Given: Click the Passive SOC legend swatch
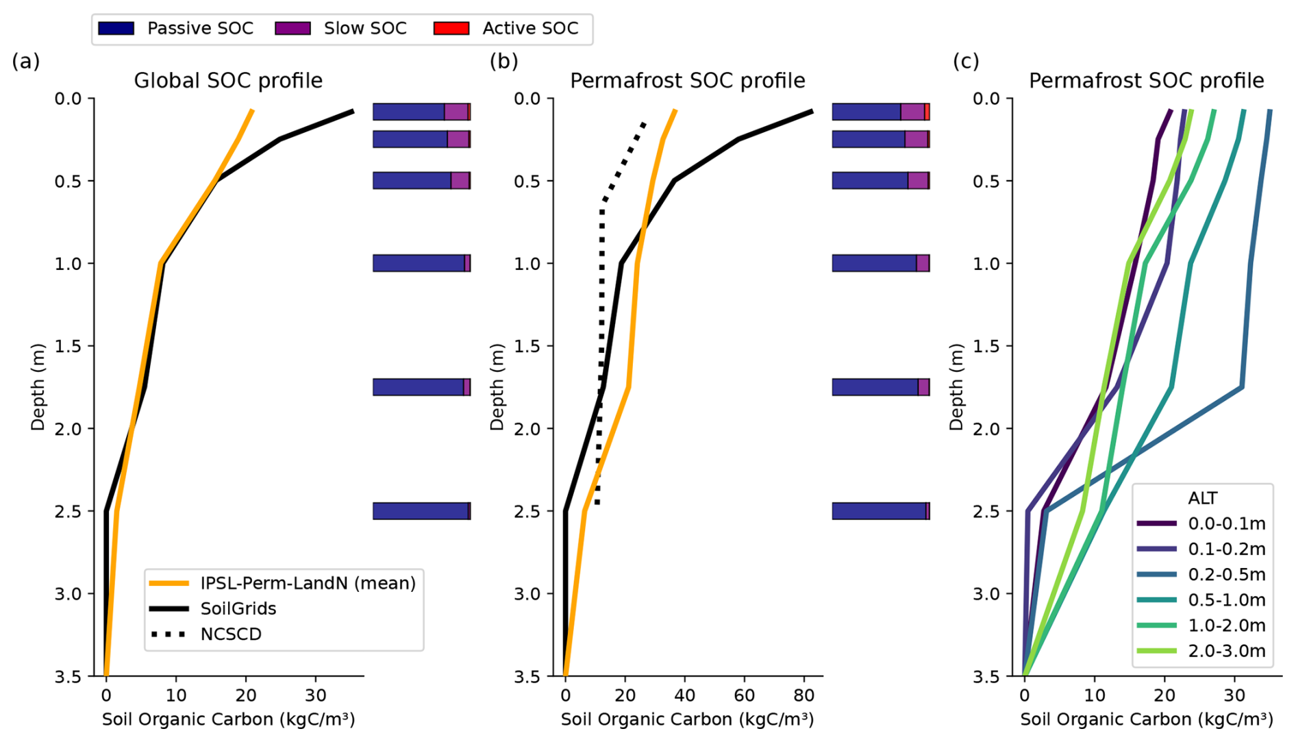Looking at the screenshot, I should coord(116,28).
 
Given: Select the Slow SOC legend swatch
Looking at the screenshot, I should coord(292,28).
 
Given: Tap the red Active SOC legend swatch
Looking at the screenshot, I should coord(451,28).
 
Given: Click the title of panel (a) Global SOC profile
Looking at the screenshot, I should coord(228,81).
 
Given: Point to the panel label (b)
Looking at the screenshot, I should coord(503,62).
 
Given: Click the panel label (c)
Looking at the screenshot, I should coord(966,62).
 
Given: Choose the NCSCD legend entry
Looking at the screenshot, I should coord(231,634).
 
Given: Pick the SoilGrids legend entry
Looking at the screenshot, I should coord(238,609).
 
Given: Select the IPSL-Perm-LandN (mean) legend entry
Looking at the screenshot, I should coord(308,584).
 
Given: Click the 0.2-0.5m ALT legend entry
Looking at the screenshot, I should coord(1226,575).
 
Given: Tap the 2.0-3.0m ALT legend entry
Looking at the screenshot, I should coord(1226,651).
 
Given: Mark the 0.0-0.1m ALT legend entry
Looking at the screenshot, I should coord(1226,524).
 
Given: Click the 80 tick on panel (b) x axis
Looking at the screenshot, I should coord(804,696).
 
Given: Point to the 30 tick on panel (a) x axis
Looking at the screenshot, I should coord(316,696).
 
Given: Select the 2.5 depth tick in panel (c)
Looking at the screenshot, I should coord(986,512).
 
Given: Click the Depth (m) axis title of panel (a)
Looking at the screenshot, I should coord(38,387).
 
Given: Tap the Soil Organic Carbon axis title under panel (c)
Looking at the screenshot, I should coord(1146,719).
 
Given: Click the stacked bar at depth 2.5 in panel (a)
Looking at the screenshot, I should coord(421,511).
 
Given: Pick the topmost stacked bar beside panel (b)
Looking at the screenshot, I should coord(881,112).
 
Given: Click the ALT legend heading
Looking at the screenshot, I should coord(1202,498).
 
